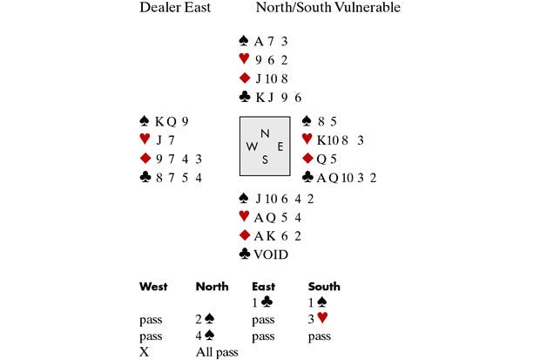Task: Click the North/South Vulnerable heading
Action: point(327,9)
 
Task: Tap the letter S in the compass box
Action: point(265,160)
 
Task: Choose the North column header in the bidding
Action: point(213,286)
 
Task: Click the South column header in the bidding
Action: point(324,286)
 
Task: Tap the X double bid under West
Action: point(144,352)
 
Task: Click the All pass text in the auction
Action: point(217,352)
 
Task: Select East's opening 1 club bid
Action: point(263,302)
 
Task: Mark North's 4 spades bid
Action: point(206,336)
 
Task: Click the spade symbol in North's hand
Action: point(244,41)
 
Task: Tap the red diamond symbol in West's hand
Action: point(145,158)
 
